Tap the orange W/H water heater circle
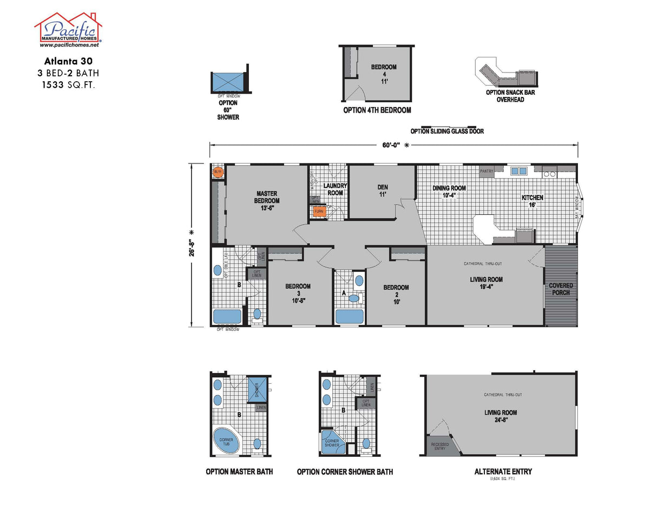click(x=218, y=172)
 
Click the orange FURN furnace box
click(x=319, y=211)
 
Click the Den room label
click(x=383, y=191)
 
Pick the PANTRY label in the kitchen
click(x=487, y=171)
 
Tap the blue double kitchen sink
click(x=519, y=171)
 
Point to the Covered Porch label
click(x=561, y=289)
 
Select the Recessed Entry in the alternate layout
click(x=439, y=446)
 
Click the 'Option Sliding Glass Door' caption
click(x=447, y=131)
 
